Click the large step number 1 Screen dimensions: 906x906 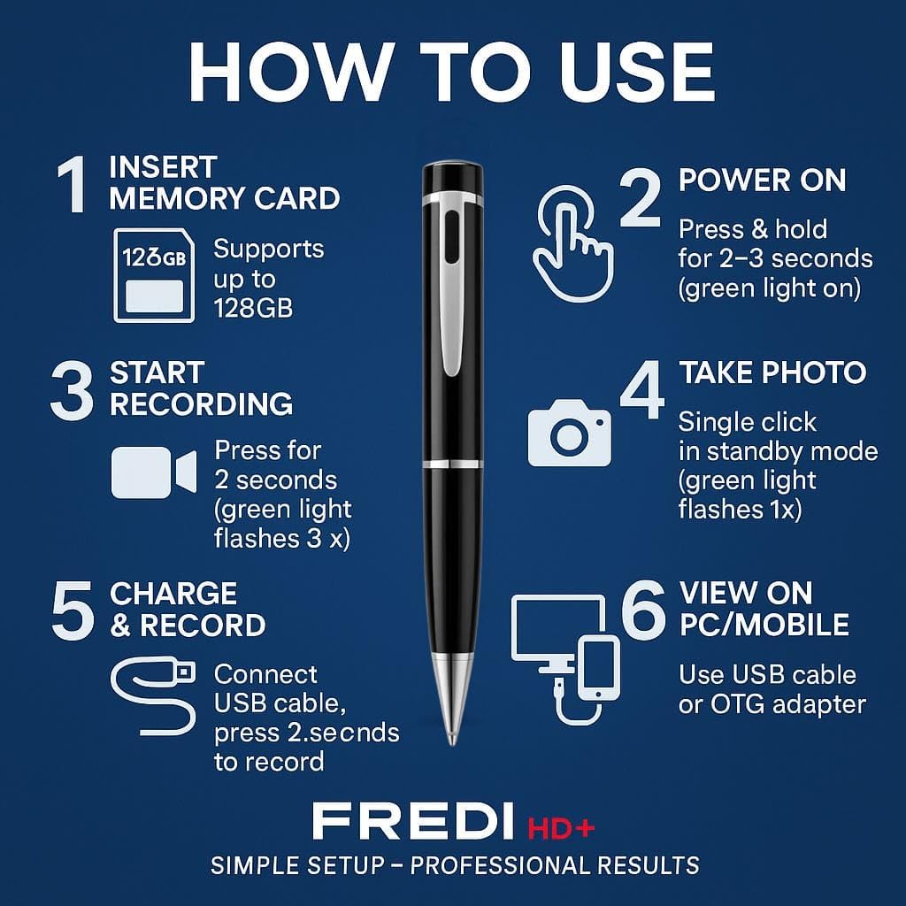point(73,185)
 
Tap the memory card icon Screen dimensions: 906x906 point(154,276)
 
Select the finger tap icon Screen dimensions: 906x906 point(572,243)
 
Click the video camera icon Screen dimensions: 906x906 point(154,472)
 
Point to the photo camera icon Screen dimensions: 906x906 point(569,434)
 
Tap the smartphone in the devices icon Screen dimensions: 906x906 point(599,669)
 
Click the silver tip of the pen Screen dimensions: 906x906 point(452,699)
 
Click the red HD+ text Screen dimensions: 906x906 point(561,828)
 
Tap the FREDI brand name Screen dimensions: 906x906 point(413,821)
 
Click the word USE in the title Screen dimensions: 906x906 point(637,73)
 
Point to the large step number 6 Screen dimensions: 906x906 point(643,607)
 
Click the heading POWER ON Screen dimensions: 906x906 point(762,180)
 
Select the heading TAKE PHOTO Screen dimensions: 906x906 point(772,372)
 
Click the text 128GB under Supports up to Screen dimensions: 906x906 point(253,308)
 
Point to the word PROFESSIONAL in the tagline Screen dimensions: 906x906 point(499,865)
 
